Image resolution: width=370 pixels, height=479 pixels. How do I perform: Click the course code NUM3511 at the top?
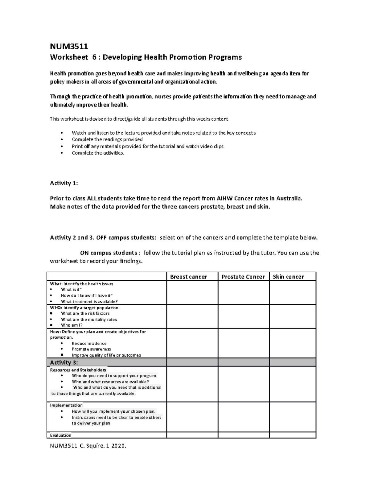pyautogui.click(x=69, y=47)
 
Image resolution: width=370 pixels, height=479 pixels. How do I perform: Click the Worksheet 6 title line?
pyautogui.click(x=146, y=57)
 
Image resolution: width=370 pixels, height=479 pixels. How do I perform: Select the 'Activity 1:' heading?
pyautogui.click(x=64, y=183)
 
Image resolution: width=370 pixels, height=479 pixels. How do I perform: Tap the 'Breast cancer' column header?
pyautogui.click(x=188, y=277)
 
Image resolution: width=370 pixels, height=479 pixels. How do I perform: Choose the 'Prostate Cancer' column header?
pyautogui.click(x=243, y=277)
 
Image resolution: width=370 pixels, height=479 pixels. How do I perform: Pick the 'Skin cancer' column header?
pyautogui.click(x=288, y=277)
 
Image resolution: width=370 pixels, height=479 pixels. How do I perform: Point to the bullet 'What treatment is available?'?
pyautogui.click(x=89, y=302)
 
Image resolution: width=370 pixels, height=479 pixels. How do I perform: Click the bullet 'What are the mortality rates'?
pyautogui.click(x=89, y=320)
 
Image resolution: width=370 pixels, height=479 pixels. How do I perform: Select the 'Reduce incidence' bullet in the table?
pyautogui.click(x=89, y=343)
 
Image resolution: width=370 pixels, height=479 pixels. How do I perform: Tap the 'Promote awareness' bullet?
pyautogui.click(x=91, y=349)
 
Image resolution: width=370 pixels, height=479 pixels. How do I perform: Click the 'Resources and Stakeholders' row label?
pyautogui.click(x=78, y=370)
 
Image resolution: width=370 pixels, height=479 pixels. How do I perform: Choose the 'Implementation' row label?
pyautogui.click(x=66, y=405)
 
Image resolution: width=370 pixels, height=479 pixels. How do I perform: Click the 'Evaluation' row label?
pyautogui.click(x=61, y=435)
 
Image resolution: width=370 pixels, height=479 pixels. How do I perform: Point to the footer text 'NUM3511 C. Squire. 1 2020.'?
pyautogui.click(x=88, y=446)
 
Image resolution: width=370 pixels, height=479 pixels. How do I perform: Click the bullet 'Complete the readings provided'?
pyautogui.click(x=107, y=139)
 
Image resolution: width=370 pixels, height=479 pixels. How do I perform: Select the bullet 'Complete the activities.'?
pyautogui.click(x=98, y=153)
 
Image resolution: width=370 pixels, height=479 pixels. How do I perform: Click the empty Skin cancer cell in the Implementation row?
pyautogui.click(x=293, y=417)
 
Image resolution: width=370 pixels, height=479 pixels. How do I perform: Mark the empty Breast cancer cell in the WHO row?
pyautogui.click(x=192, y=316)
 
